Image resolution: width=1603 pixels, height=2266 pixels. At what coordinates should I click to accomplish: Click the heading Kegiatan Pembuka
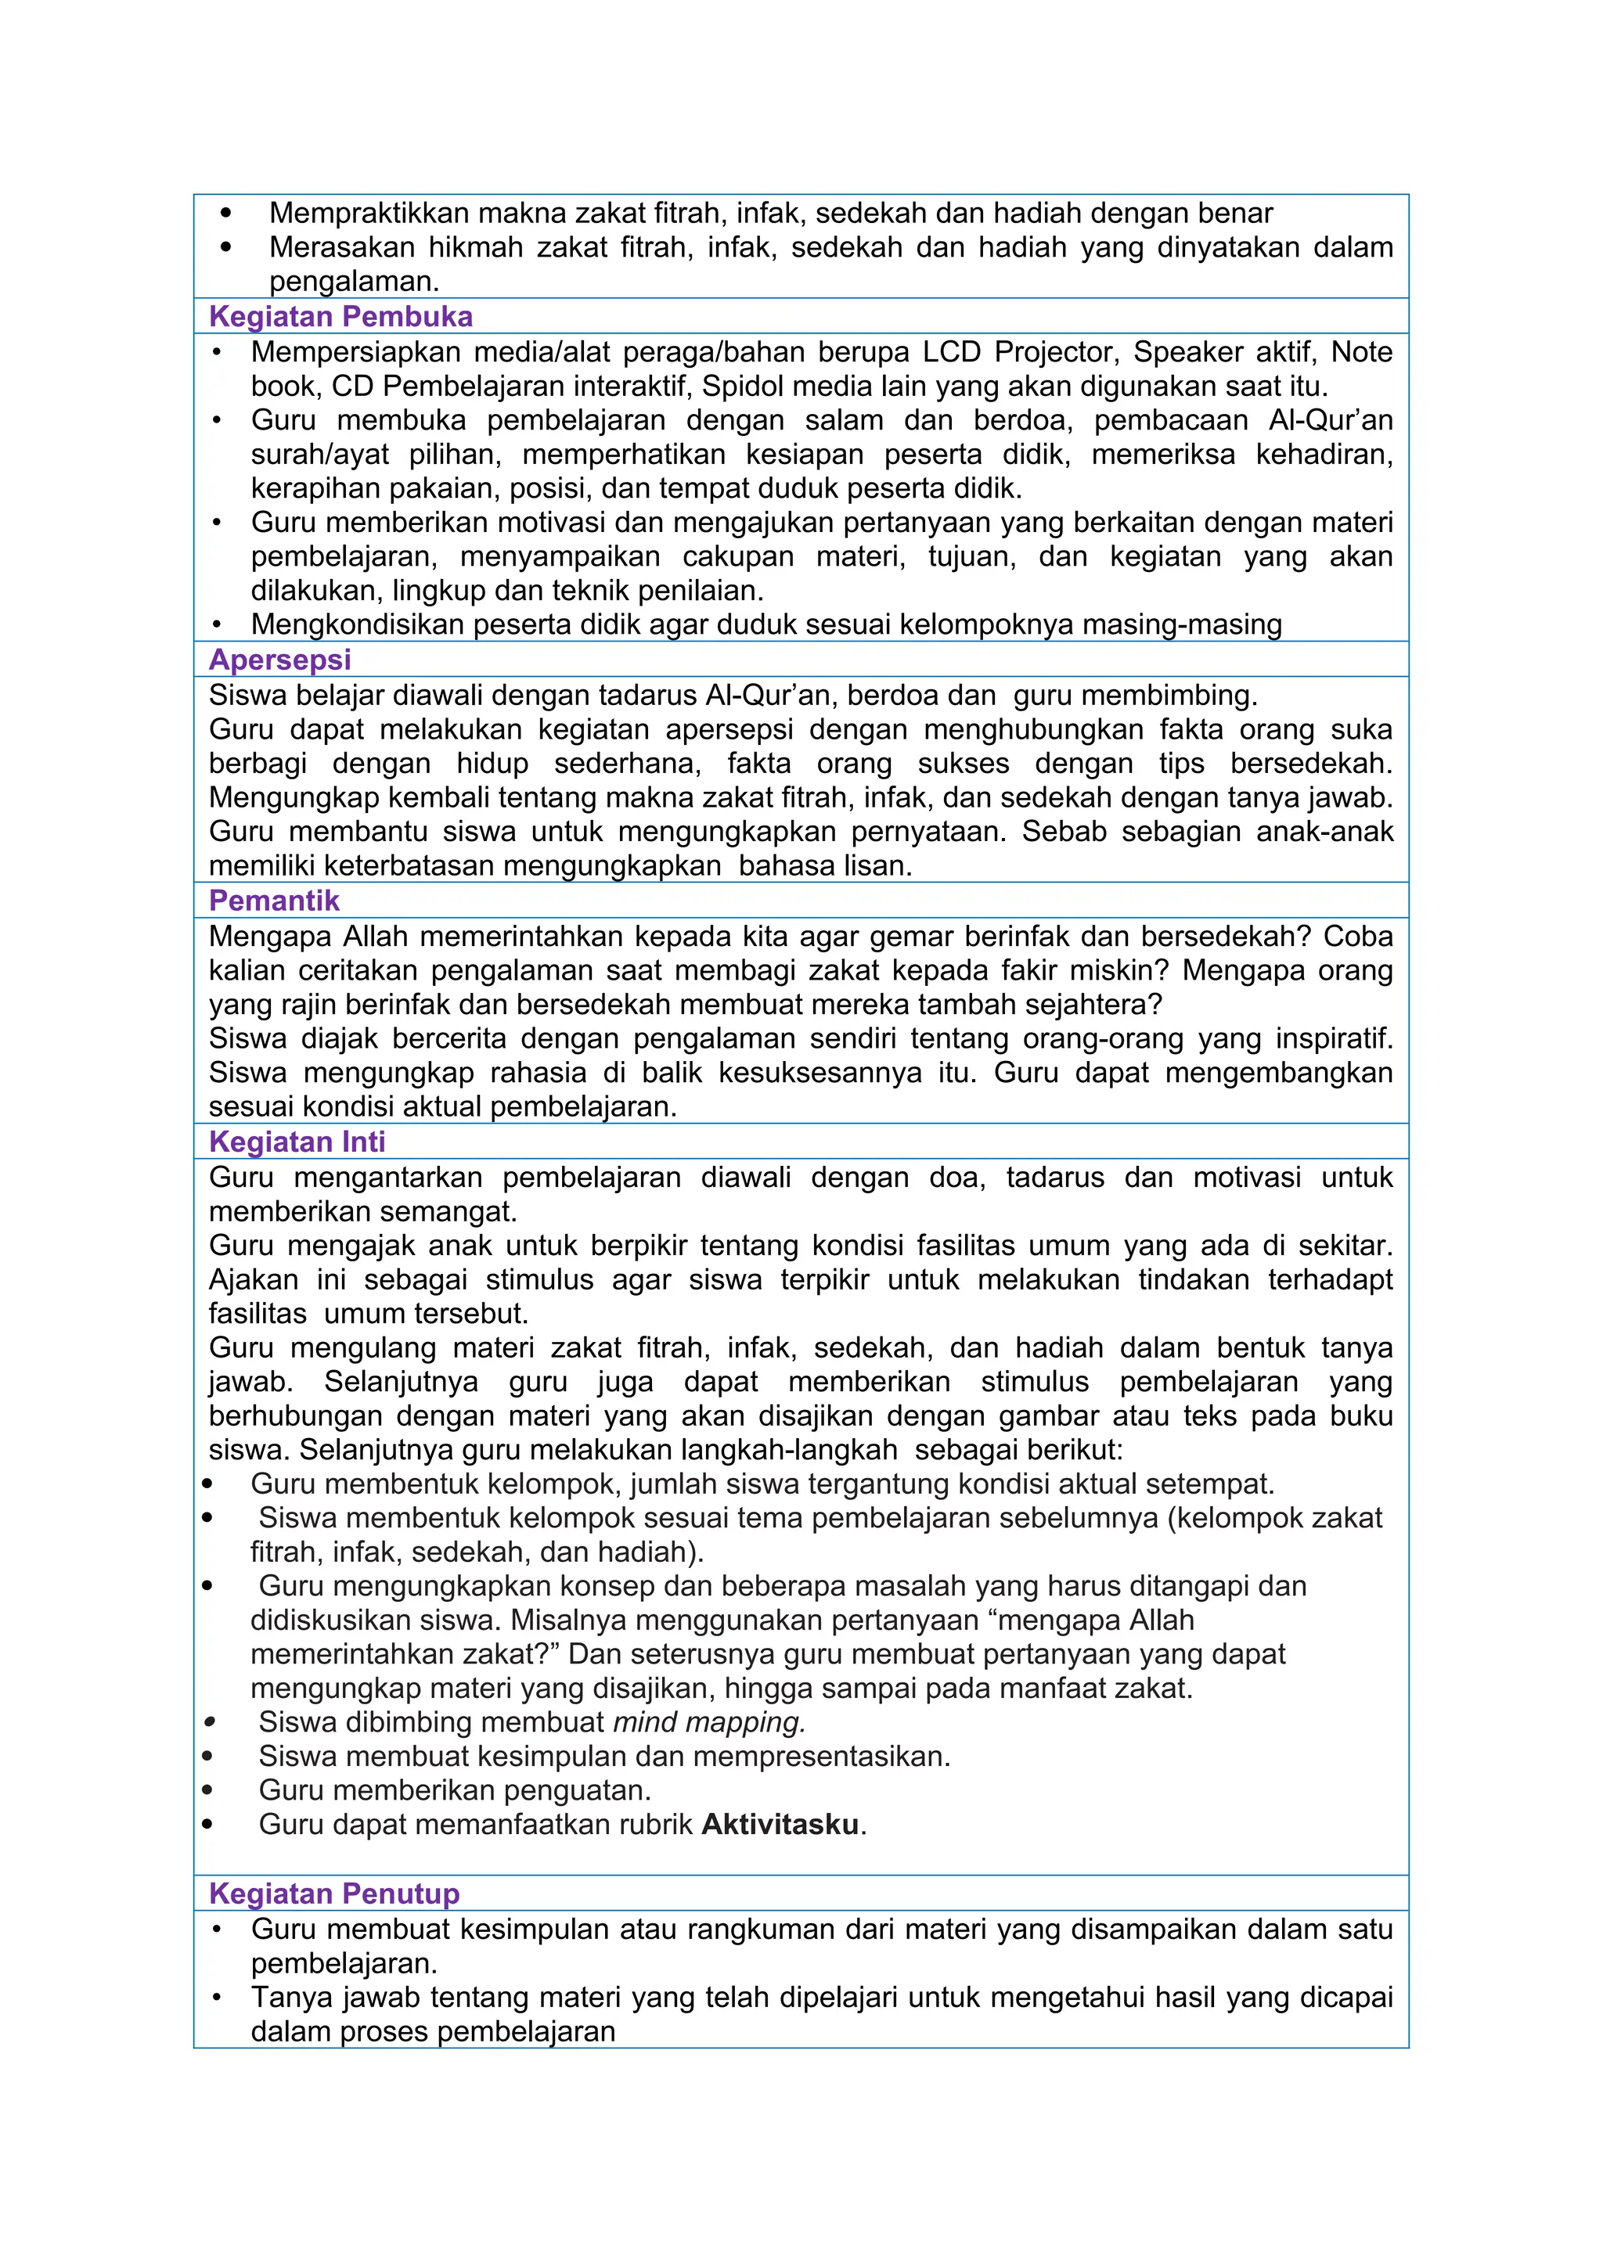point(340,317)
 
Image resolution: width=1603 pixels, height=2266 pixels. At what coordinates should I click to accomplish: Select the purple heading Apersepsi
point(279,660)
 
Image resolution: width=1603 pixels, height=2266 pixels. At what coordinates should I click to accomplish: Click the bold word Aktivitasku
point(780,1824)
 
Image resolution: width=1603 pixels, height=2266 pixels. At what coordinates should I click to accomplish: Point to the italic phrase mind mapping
point(708,1722)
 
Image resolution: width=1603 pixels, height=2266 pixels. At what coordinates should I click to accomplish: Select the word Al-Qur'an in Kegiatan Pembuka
point(1331,420)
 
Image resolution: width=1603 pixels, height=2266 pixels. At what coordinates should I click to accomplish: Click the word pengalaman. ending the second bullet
point(353,281)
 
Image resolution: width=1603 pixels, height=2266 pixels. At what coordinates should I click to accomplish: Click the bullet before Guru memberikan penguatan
point(207,1790)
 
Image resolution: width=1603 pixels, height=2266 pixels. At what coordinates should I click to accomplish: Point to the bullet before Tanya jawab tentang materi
point(217,1998)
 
